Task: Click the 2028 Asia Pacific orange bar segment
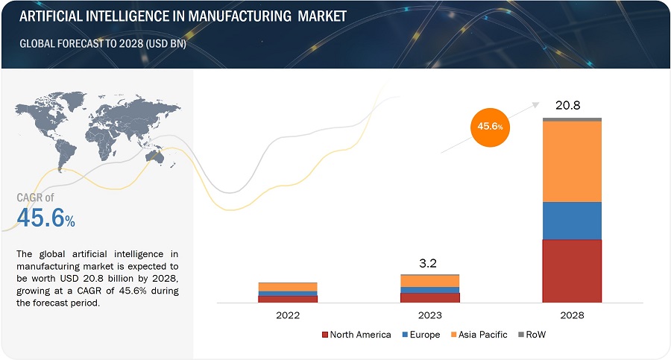tap(572, 161)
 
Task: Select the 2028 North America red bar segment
tap(572, 271)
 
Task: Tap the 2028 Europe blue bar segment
tap(572, 221)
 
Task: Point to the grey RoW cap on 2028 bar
tap(572, 119)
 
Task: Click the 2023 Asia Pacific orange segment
tap(429, 281)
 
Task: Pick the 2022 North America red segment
tap(288, 299)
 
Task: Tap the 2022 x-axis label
tap(288, 315)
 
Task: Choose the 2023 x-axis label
tap(429, 315)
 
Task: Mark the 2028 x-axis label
tap(572, 315)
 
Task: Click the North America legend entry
tap(356, 335)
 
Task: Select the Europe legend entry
tap(421, 335)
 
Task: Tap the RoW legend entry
tap(531, 335)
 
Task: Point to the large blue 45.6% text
tap(45, 219)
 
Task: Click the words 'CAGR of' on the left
tap(36, 198)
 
